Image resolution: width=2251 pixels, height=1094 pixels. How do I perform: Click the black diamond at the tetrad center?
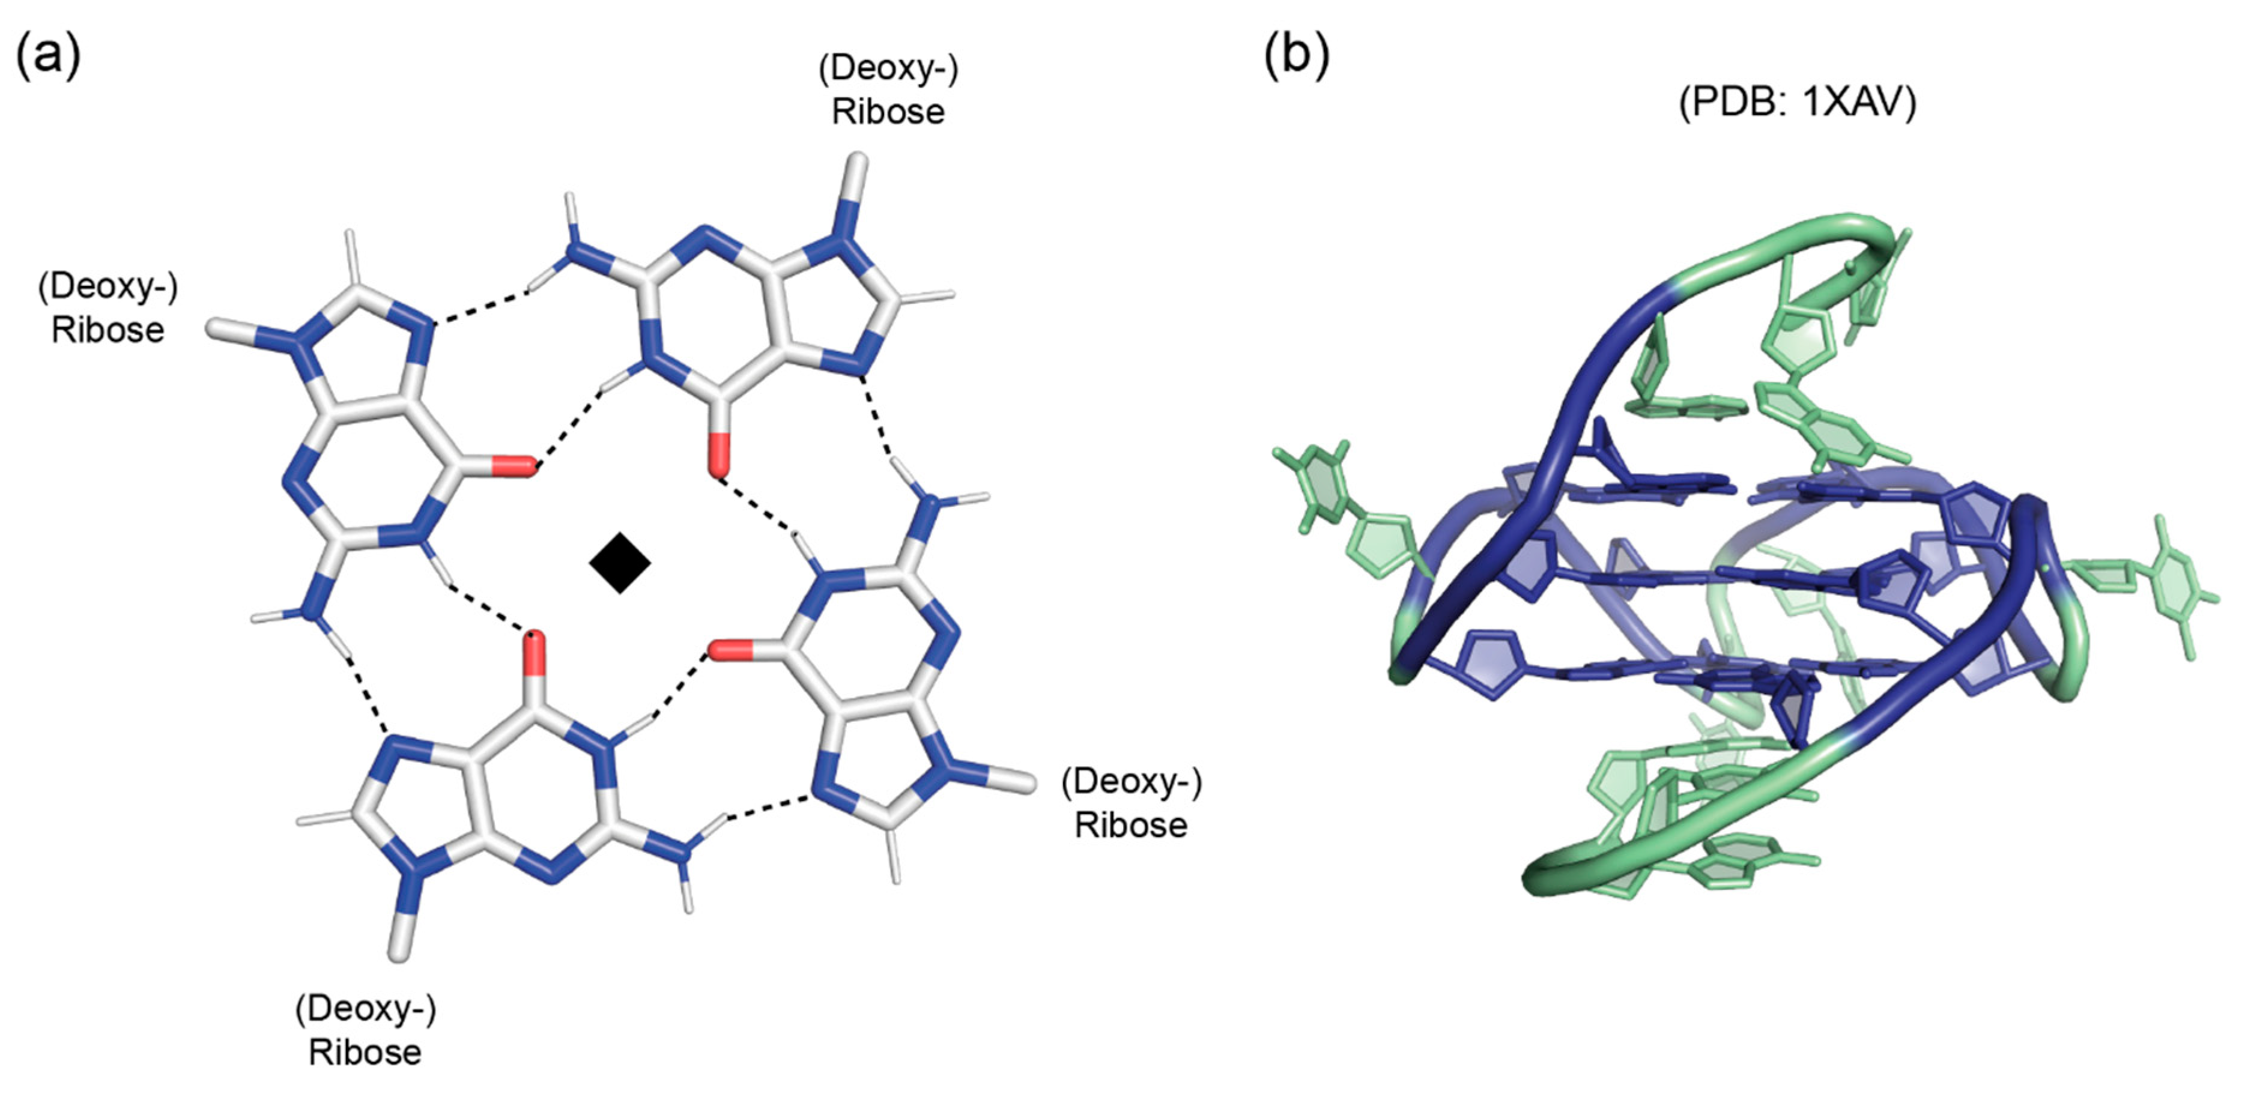click(x=620, y=563)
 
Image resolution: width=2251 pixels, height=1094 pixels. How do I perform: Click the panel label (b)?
click(x=1297, y=54)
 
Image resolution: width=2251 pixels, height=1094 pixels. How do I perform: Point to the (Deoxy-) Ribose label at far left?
click(x=108, y=307)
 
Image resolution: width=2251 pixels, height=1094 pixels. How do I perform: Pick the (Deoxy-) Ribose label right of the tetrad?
click(x=1131, y=802)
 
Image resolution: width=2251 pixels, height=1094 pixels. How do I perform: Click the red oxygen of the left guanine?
click(x=514, y=467)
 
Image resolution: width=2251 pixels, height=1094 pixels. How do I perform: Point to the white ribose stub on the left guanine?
click(x=229, y=330)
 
